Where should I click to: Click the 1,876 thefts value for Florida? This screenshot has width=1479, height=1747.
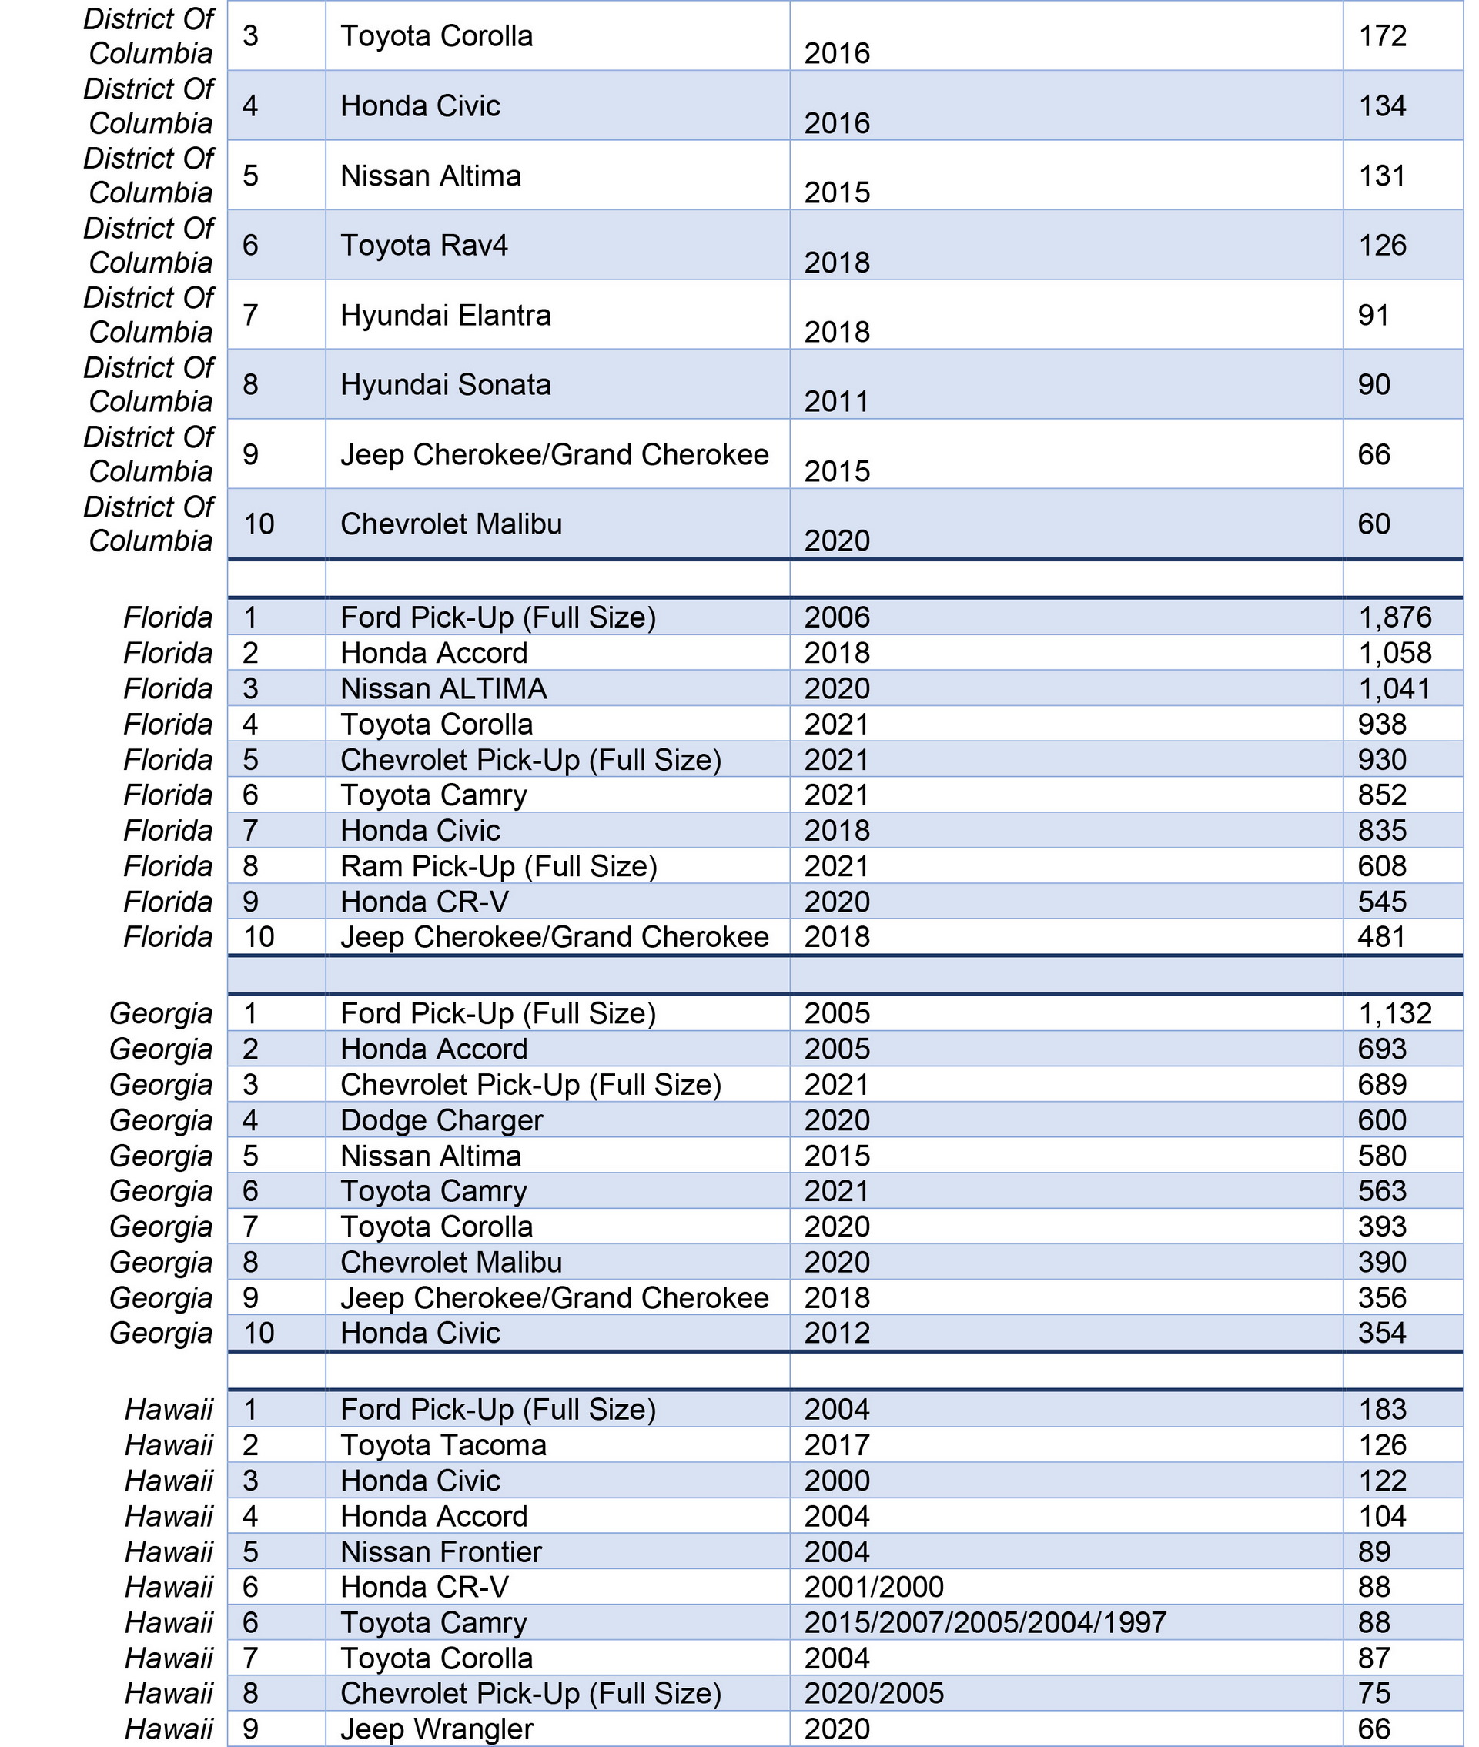1394,617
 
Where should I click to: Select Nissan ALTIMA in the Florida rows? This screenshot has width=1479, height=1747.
443,689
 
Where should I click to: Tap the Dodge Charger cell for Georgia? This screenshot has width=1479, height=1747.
442,1121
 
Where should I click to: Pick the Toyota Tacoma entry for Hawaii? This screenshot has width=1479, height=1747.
443,1445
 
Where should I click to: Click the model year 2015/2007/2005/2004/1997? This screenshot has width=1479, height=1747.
985,1623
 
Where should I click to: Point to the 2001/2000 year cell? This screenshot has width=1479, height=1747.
874,1587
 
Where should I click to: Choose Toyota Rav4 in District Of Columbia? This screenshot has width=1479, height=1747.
424,246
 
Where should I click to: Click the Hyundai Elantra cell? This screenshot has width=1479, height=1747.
446,316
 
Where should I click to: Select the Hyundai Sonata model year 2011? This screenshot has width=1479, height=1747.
837,402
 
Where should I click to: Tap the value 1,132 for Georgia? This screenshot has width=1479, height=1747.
1394,1013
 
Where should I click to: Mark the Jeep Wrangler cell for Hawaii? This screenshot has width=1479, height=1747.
437,1729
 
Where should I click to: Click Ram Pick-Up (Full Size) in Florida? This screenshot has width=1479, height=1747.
499,866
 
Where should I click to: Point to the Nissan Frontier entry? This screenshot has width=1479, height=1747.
441,1551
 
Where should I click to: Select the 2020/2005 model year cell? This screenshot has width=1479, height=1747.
874,1693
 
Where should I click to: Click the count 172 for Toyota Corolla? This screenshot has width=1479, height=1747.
1382,36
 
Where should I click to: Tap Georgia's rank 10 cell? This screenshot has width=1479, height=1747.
259,1333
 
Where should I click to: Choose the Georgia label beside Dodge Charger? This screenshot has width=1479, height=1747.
161,1121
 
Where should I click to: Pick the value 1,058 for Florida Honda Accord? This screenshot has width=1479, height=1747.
1394,653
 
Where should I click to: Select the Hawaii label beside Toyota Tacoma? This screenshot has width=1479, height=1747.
169,1445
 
